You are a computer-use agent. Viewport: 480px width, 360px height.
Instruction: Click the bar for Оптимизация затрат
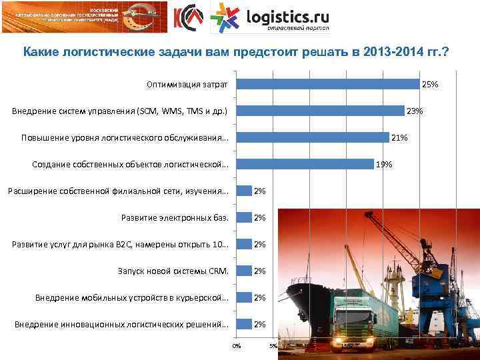click(327, 84)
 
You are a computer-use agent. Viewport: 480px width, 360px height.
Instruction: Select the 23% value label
click(415, 111)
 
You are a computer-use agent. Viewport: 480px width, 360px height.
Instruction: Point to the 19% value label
click(384, 164)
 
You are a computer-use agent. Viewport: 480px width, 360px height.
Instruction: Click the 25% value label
click(430, 84)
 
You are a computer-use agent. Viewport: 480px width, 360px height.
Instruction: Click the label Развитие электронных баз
click(175, 217)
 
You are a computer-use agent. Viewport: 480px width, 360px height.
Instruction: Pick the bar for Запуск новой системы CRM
click(243, 271)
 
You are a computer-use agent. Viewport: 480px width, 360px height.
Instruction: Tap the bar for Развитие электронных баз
click(243, 217)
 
